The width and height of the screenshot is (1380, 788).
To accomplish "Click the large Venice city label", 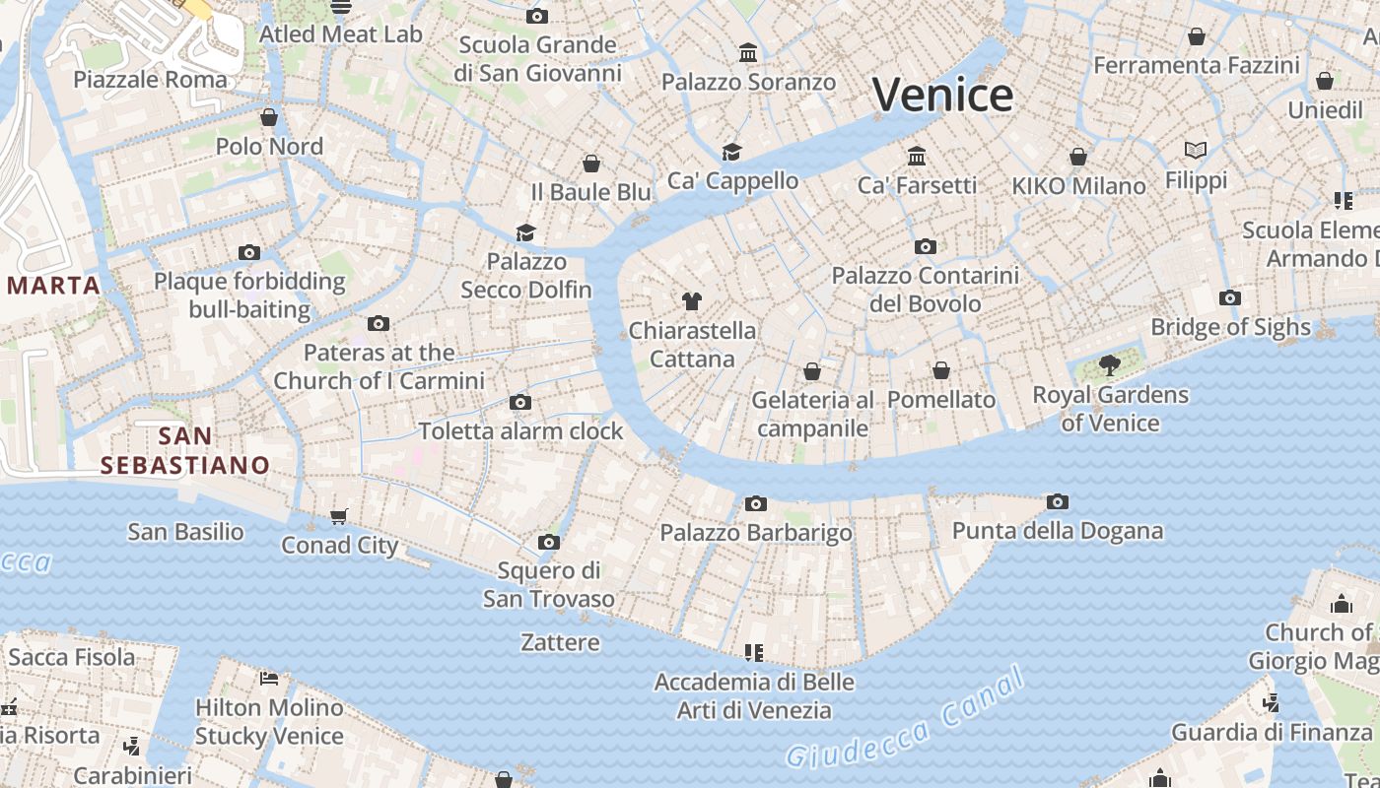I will pyautogui.click(x=942, y=96).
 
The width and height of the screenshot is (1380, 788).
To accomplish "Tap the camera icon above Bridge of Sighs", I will pyautogui.click(x=1229, y=298).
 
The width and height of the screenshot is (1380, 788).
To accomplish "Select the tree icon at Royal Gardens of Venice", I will pyautogui.click(x=1110, y=365).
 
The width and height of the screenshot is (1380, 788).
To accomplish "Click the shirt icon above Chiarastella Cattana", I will pyautogui.click(x=692, y=301).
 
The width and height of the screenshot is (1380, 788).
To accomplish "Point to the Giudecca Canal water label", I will pyautogui.click(x=905, y=718).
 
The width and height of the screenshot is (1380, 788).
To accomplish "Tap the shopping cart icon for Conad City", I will pyautogui.click(x=339, y=516).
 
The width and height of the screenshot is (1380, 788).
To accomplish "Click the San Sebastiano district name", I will pyautogui.click(x=185, y=450).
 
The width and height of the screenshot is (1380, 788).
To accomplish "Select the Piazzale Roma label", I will pyautogui.click(x=150, y=80).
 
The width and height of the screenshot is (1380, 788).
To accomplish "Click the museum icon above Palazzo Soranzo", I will pyautogui.click(x=748, y=52).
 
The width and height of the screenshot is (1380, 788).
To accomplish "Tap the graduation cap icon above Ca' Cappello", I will pyautogui.click(x=731, y=152).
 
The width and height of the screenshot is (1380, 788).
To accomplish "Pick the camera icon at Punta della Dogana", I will pyautogui.click(x=1057, y=502).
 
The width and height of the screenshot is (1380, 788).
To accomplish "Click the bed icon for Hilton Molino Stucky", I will pyautogui.click(x=269, y=678).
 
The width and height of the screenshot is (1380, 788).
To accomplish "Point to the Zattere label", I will pyautogui.click(x=560, y=642).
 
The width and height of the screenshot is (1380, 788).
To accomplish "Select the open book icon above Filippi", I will pyautogui.click(x=1196, y=151).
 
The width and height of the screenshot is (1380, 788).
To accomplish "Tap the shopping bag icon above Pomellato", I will pyautogui.click(x=941, y=371).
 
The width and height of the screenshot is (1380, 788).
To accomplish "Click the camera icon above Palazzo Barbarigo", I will pyautogui.click(x=755, y=504).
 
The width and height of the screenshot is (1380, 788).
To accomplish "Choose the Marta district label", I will pyautogui.click(x=53, y=286).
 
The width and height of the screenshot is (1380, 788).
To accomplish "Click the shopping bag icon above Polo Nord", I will pyautogui.click(x=269, y=118).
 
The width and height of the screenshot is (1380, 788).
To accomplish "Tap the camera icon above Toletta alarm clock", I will pyautogui.click(x=520, y=403).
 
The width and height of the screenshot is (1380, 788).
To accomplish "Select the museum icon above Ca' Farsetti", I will pyautogui.click(x=917, y=157).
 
